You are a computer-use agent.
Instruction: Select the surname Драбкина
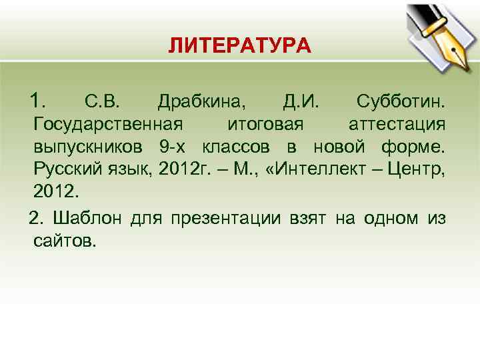(201, 103)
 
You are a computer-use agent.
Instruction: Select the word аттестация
(397, 125)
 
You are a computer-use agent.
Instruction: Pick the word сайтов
(64, 240)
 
